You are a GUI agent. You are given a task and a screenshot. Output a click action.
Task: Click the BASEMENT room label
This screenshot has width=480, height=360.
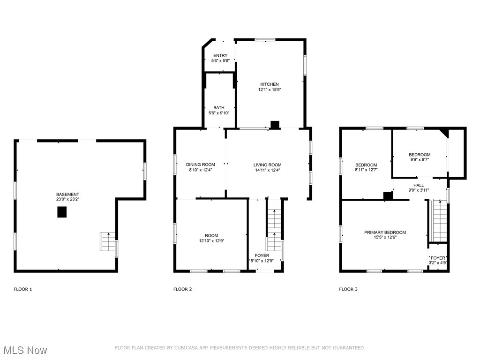coord(67,195)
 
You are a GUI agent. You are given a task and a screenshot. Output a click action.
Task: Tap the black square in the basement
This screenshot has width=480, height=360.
coord(62,212)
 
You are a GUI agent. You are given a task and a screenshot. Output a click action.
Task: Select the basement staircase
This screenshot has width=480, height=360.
coord(107,242)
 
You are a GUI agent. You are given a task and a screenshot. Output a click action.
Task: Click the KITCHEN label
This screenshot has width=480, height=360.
coord(270,84)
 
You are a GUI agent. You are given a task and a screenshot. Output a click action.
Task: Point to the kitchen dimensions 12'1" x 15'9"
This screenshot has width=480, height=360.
coord(270,90)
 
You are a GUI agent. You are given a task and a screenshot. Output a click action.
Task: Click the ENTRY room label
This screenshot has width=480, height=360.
coord(220,56)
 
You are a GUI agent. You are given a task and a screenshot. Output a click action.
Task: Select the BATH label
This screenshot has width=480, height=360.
coord(218,108)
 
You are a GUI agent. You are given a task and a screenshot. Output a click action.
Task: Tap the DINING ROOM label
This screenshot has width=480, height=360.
coord(200,165)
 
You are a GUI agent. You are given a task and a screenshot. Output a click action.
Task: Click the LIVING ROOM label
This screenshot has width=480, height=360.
coord(267,165)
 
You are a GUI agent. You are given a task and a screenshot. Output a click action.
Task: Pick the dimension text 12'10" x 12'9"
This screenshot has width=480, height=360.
coord(211,241)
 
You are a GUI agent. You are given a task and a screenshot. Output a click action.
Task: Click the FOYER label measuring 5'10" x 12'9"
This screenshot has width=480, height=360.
coord(262,255)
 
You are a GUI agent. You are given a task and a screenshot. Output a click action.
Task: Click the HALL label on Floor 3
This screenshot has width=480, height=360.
coord(418,185)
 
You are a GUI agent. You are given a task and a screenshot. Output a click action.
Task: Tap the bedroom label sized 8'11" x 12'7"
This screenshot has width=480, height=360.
coord(366,165)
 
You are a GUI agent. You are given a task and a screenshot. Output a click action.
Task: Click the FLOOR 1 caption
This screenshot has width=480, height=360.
coord(23,289)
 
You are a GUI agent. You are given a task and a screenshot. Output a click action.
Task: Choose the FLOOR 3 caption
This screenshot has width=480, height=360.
coord(348,289)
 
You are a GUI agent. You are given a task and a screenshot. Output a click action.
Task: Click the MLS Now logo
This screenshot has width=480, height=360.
coord(25,350)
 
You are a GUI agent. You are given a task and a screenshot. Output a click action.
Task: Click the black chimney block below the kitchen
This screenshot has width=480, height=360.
coord(275,124)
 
